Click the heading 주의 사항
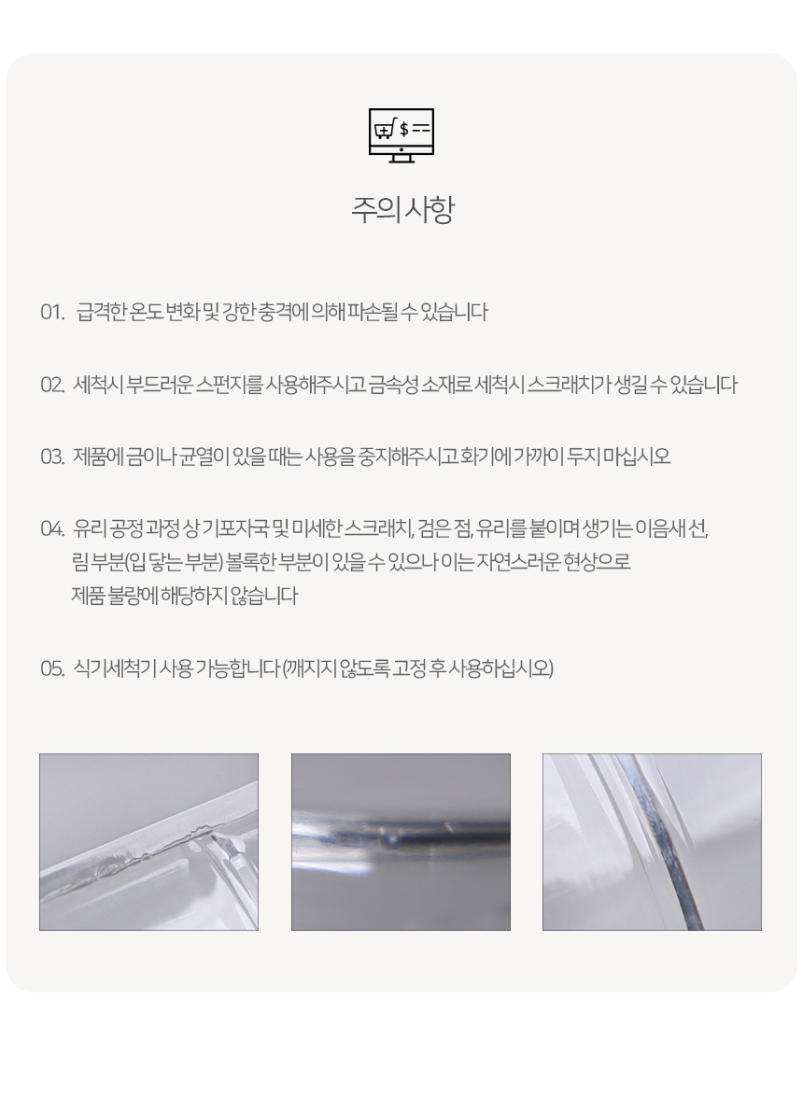(x=401, y=209)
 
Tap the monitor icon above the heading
(x=401, y=135)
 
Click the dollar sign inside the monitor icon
(x=404, y=129)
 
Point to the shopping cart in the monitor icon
(x=385, y=130)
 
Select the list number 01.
(x=51, y=312)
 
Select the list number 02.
(x=52, y=386)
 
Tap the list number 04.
(x=52, y=528)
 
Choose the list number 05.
(x=52, y=668)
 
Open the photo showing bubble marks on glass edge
(x=148, y=842)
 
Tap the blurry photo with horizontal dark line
(x=401, y=842)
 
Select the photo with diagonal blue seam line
(x=652, y=842)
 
